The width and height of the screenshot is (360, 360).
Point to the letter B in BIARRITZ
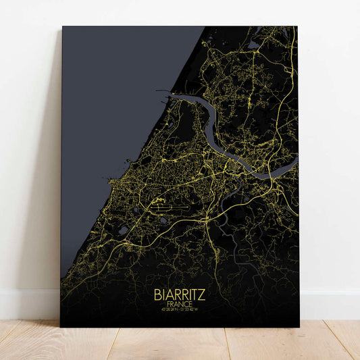[157, 294]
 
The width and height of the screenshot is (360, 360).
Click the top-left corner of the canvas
[62, 27]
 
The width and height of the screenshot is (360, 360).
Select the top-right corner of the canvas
[297, 27]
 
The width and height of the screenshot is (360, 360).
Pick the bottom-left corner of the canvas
[61, 327]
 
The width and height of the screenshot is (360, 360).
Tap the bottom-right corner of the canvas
[299, 327]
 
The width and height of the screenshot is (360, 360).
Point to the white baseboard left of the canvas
[30, 304]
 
